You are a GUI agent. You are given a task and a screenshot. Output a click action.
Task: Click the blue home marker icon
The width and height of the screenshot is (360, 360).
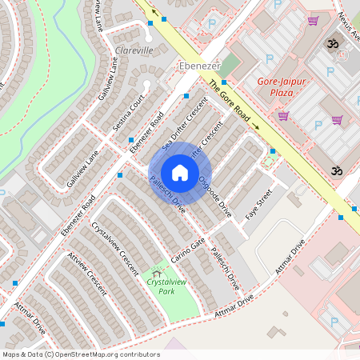180,173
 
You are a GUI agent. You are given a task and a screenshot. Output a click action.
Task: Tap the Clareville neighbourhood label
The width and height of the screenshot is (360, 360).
134,50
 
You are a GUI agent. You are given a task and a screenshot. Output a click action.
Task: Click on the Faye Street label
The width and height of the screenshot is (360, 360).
259,205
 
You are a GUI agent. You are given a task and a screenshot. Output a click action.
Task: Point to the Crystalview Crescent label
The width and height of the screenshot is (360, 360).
115,246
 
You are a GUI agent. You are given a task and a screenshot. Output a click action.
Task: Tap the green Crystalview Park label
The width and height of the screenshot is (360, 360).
161,286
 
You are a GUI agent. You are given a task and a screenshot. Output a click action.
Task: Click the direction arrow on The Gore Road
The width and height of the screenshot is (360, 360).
257,126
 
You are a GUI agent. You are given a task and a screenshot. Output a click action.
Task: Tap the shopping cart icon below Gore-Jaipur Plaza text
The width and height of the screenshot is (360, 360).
282,115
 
